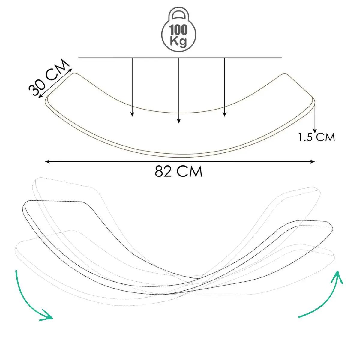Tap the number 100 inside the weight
point(178,30)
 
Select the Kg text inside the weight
point(178,41)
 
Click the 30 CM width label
point(49,77)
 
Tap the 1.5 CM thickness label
point(316,137)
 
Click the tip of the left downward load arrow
point(132,116)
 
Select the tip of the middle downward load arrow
point(179,123)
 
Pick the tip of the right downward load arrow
point(225,116)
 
